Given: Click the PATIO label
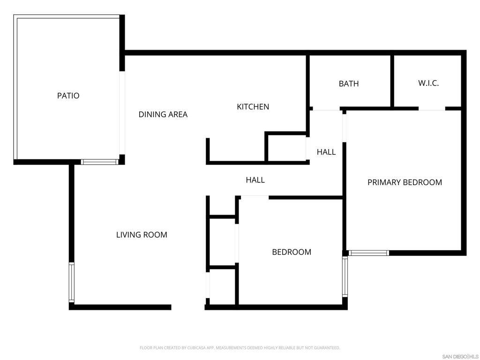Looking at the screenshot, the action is click(68, 96).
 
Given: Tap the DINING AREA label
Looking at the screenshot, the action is click(163, 114).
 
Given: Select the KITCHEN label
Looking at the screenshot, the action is click(253, 107).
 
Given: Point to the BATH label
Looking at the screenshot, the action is click(349, 83).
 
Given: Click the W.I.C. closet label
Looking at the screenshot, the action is click(428, 83).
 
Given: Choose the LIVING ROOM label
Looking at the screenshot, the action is click(142, 235).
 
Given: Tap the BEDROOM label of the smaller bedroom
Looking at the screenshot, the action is click(292, 252).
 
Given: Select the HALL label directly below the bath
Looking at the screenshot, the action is click(326, 152).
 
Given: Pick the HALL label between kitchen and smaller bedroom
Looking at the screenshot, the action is click(255, 180).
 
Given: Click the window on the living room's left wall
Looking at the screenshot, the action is click(71, 282).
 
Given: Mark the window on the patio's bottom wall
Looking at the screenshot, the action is click(99, 162).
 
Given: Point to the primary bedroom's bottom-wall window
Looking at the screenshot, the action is click(368, 253).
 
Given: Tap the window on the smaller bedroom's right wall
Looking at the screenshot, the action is click(345, 277).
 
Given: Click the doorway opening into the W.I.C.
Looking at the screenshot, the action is click(432, 109).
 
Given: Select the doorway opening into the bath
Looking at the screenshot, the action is click(326, 109).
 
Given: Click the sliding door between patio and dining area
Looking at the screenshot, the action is click(122, 113).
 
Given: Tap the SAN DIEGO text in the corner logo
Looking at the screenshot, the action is click(455, 357).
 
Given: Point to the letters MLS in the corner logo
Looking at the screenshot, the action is click(474, 357).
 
